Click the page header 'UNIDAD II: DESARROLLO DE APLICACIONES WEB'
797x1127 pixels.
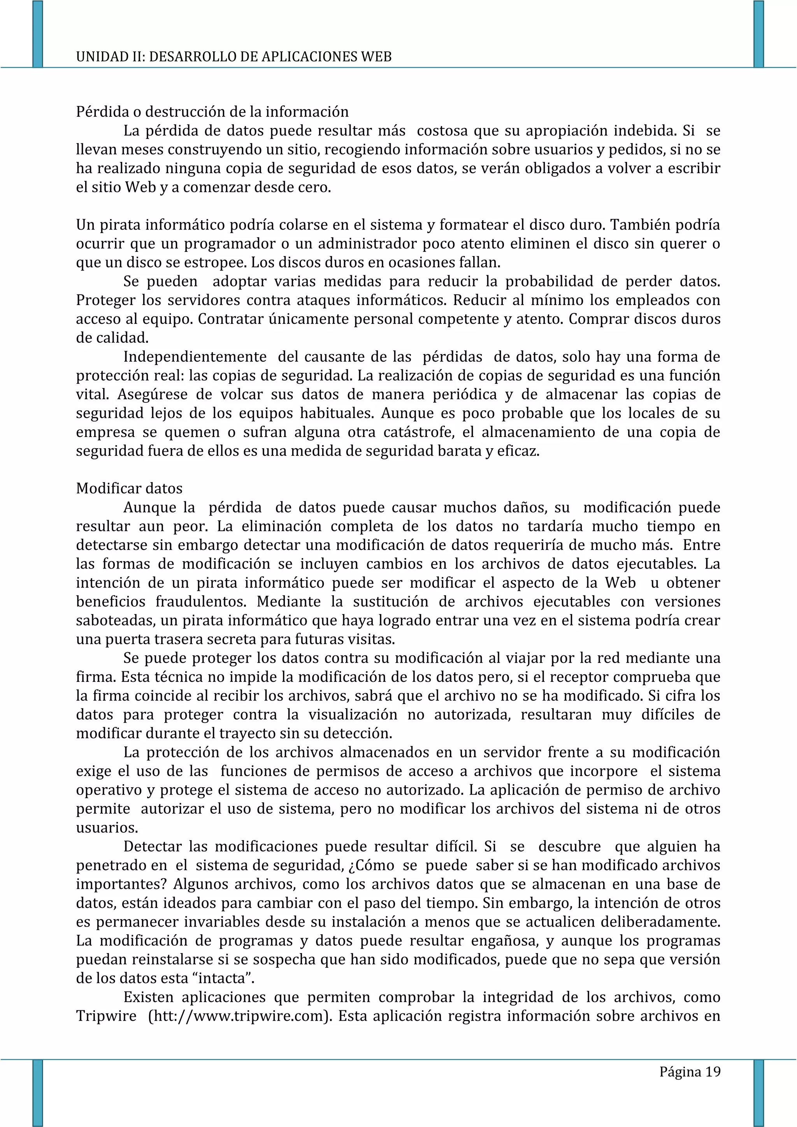pos(233,57)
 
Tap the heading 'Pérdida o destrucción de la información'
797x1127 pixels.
pos(212,112)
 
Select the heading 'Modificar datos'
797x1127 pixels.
pos(129,488)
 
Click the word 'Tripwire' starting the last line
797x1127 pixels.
pos(106,1016)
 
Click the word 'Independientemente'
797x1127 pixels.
pos(195,357)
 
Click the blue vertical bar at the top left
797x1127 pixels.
pos(38,33)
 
